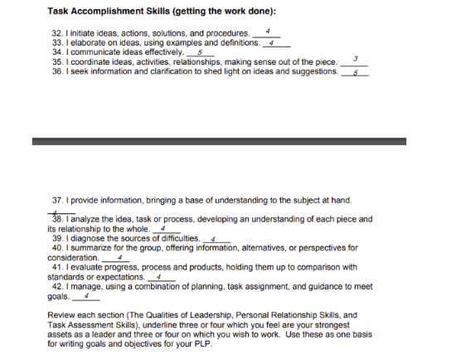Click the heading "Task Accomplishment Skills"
tap(112, 12)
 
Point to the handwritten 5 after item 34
tap(201, 51)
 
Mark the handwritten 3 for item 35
tap(354, 58)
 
